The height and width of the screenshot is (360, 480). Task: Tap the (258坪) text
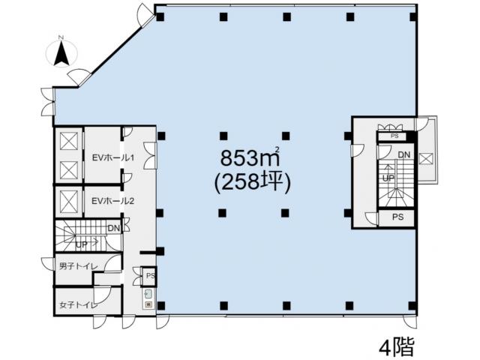pos(252,183)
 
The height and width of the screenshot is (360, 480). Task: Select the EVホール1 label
pos(113,158)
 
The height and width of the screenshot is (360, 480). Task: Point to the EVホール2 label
pos(113,201)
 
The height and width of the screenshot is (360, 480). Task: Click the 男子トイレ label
pos(78,266)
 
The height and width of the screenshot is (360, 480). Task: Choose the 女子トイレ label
pos(78,305)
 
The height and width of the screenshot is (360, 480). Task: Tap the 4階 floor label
pos(397,346)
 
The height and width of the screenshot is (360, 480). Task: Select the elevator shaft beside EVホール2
pos(68,202)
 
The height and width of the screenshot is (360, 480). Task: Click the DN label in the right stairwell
pos(404,155)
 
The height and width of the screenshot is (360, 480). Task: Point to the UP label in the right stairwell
pos(388,178)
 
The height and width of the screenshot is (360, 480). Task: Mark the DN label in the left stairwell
pos(113,228)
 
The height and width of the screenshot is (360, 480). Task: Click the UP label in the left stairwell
pos(81,244)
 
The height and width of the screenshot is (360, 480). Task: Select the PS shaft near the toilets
pos(149,276)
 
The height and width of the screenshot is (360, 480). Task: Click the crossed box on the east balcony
pos(426,159)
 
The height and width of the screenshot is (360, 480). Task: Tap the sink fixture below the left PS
pos(148,295)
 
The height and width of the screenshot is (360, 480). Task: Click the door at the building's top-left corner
pos(146,14)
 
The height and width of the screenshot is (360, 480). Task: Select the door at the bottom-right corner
pos(410,322)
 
